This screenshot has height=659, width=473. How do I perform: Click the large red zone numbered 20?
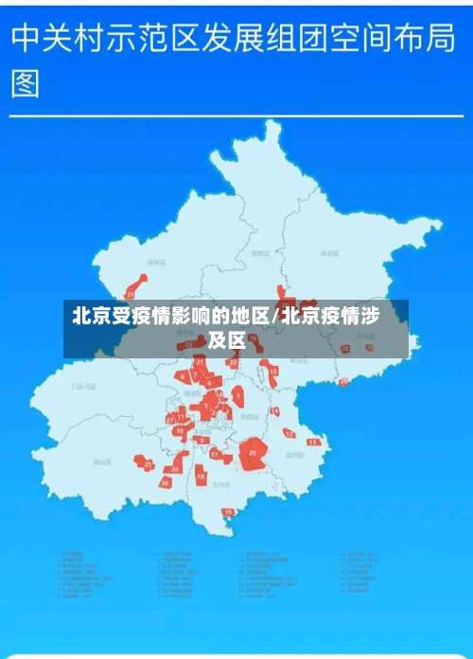[253, 453]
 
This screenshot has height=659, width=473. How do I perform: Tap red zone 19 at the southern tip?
[227, 512]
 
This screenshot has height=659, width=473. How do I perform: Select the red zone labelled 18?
[201, 476]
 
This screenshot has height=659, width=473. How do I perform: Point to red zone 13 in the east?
[314, 442]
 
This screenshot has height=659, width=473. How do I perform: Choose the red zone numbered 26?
[165, 481]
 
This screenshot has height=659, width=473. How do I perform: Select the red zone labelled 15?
[273, 372]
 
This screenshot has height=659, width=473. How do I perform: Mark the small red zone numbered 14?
[274, 411]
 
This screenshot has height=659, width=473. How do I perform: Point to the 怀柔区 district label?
[258, 253]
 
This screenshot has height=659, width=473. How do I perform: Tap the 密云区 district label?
[328, 253]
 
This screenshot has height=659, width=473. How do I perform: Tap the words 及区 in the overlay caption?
[227, 340]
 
